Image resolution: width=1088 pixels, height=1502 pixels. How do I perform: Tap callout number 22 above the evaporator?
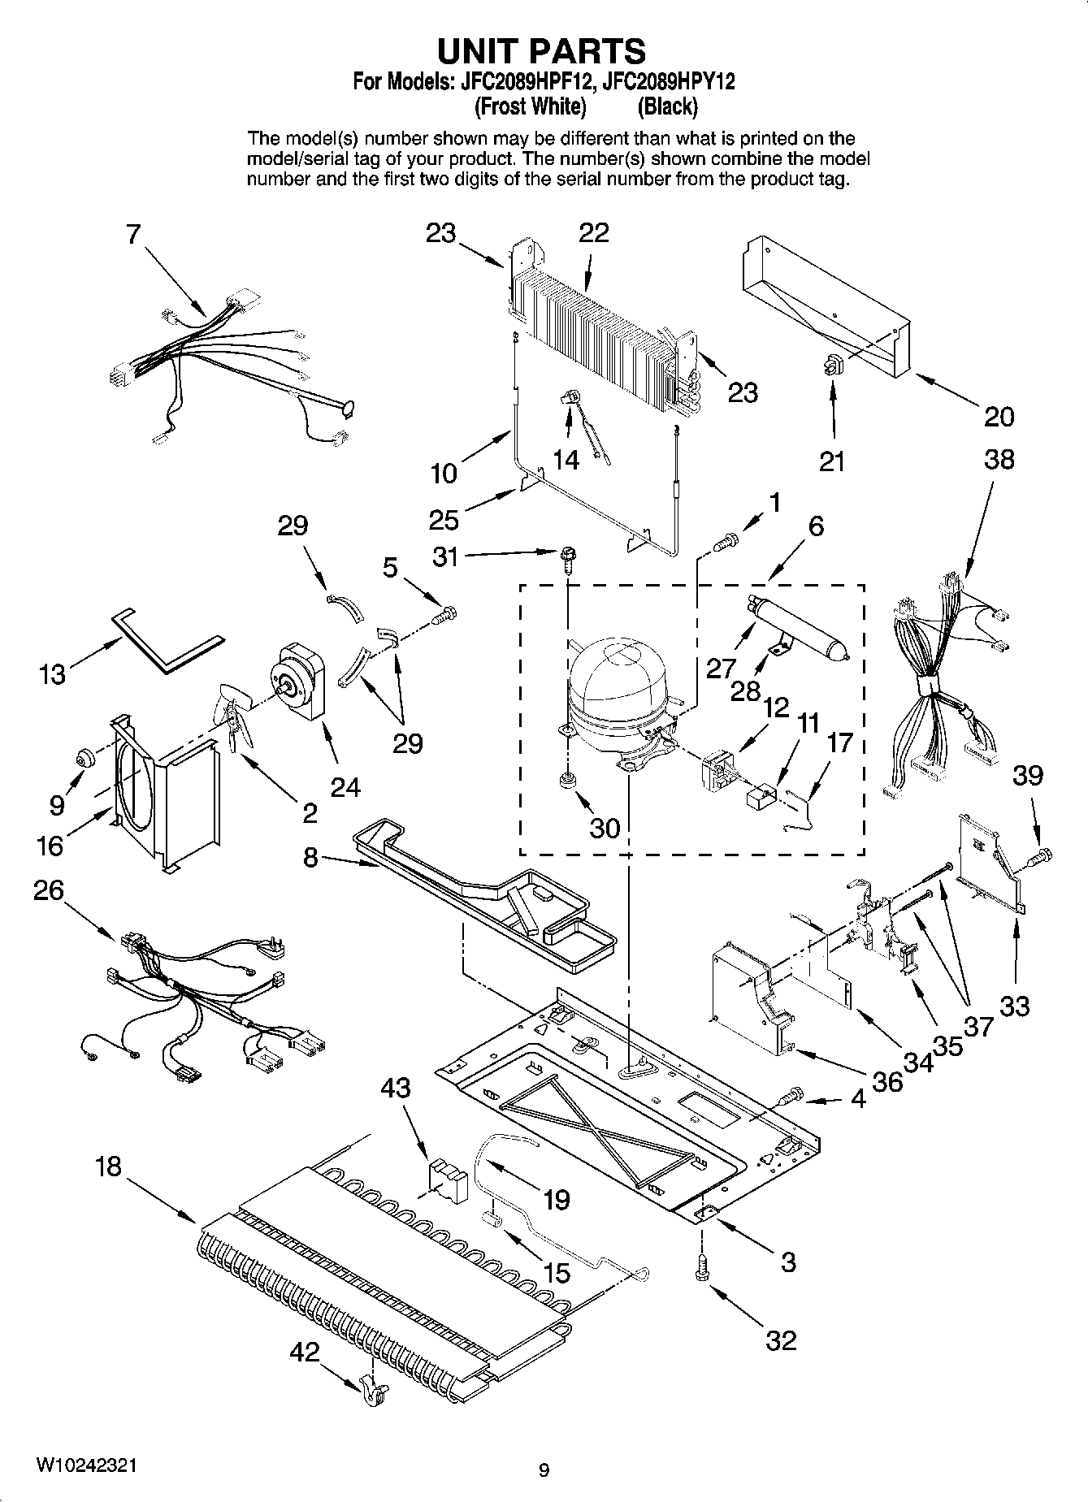tap(594, 233)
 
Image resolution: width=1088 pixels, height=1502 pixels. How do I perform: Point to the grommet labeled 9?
tap(83, 758)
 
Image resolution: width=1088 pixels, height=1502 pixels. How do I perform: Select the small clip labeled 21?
tap(832, 367)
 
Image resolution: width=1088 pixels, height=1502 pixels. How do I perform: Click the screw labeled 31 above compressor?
tap(568, 557)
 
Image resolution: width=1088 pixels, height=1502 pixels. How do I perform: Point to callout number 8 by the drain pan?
tap(310, 858)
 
